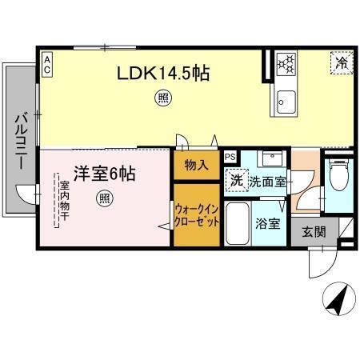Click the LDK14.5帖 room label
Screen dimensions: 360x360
pos(164,74)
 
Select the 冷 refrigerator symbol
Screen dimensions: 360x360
pos(342,61)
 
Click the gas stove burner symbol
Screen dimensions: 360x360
pos(286,62)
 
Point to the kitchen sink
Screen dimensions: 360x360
pos(286,101)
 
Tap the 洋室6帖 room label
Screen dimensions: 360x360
pos(104,173)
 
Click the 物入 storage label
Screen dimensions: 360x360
pos(196,166)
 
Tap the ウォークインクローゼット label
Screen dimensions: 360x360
pos(197,214)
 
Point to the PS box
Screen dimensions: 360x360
pos(230,157)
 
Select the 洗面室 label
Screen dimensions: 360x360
pos(267,182)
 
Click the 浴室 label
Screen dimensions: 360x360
pos(267,224)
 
